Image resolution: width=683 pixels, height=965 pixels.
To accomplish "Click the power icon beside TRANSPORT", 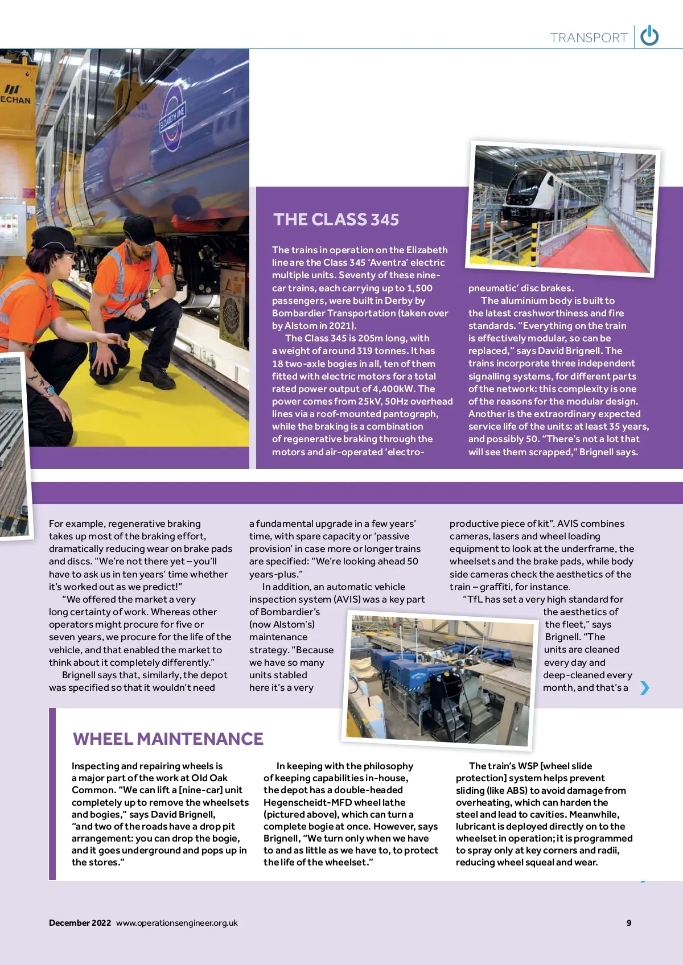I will (x=649, y=36).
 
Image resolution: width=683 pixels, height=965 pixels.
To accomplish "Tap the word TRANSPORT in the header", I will (x=589, y=38).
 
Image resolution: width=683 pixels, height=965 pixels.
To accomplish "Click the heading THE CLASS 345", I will (x=336, y=219).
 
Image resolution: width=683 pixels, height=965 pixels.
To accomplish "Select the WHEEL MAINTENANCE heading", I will (x=168, y=739).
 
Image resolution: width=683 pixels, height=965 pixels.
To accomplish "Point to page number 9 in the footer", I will (x=629, y=923).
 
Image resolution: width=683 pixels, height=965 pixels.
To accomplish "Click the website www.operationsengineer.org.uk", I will (x=176, y=923).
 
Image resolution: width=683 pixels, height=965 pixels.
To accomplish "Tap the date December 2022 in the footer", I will (x=80, y=923).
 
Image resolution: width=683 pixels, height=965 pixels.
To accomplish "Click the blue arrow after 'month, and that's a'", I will (x=644, y=688).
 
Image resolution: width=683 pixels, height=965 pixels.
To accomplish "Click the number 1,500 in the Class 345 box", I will (x=419, y=288).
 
